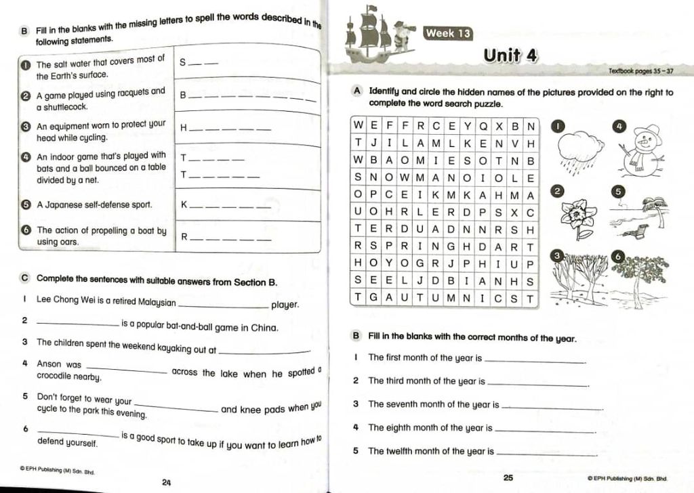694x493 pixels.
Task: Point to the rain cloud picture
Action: click(580, 150)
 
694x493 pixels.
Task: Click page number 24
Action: click(166, 481)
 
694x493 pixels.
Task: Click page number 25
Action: click(508, 477)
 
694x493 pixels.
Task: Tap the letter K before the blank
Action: click(183, 205)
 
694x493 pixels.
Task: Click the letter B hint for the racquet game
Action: click(182, 95)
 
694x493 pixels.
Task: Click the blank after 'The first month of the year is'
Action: click(535, 360)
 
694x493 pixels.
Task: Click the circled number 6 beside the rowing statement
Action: click(26, 230)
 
